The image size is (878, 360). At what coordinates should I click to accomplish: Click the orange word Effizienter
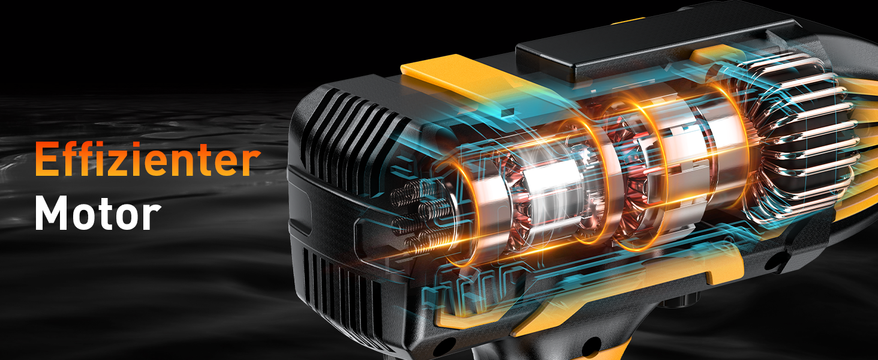click(x=148, y=158)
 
